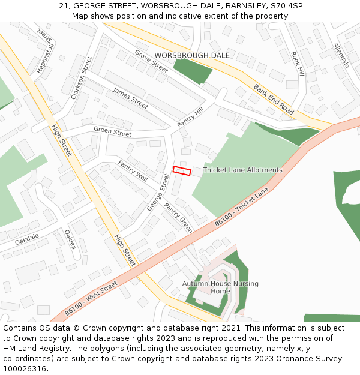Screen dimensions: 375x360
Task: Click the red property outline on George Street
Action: [182, 171]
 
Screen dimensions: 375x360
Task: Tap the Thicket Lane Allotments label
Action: [242, 170]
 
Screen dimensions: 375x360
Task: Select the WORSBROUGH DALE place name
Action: [184, 55]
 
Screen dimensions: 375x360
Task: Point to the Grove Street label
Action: [151, 61]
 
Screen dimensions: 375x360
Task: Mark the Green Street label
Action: [112, 133]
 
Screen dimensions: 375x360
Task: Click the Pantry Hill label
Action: [191, 116]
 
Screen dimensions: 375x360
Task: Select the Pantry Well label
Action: [133, 171]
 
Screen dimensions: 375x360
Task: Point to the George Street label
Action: [158, 192]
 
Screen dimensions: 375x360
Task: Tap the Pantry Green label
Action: [178, 217]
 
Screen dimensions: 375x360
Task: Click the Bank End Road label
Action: [274, 99]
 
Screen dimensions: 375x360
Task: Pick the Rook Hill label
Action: [298, 63]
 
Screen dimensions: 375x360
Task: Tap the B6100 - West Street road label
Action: [91, 299]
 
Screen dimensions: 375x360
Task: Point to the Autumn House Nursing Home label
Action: [220, 287]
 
